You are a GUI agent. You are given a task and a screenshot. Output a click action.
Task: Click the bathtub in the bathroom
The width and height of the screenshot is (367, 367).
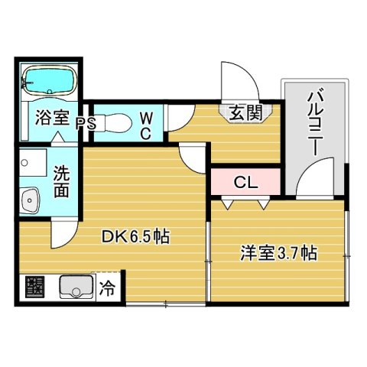[x=47, y=79]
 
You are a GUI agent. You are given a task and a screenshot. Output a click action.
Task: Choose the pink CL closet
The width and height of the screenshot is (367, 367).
[x=245, y=182]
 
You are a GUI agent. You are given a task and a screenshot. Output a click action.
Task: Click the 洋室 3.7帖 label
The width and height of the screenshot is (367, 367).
[x=278, y=252]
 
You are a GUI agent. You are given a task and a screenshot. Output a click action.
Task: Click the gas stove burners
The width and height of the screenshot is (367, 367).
[x=34, y=288]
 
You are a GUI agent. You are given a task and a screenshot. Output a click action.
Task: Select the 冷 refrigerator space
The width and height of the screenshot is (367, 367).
[x=109, y=289]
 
